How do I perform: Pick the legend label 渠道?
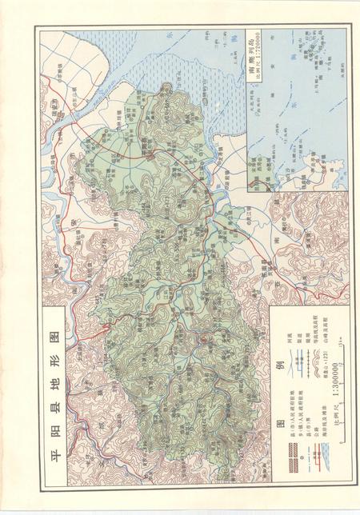298,331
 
